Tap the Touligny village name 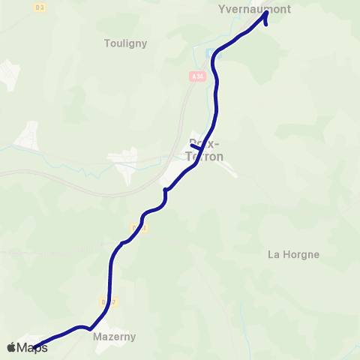pos(125,43)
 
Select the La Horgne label pos(293,254)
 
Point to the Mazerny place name pos(113,337)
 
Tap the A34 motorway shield pos(196,76)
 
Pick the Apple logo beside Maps pos(11,347)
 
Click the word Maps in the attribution pos(32,347)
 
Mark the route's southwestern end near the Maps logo pos(34,346)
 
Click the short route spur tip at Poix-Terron pos(193,145)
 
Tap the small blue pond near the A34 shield pos(209,54)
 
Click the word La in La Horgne pos(274,254)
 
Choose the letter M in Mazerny pos(97,337)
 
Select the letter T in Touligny pos(106,43)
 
